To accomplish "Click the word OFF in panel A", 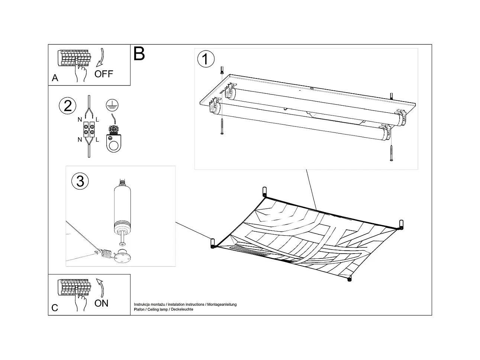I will pos(103,74).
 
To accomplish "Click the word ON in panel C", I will pos(101,303).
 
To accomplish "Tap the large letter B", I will pos(139,54).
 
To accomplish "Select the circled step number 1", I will pos(206,59).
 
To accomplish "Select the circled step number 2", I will pos(68,106).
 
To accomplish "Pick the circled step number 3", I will pos(80,181).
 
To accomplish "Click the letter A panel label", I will pos(55,78).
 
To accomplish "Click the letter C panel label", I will pos(55,308).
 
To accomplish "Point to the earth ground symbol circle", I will pos(110,106).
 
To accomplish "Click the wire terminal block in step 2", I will pos(89,129).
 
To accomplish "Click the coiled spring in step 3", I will pos(106,254).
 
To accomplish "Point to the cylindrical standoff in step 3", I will pos(122,206).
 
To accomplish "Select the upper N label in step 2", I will pos(80,120).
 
